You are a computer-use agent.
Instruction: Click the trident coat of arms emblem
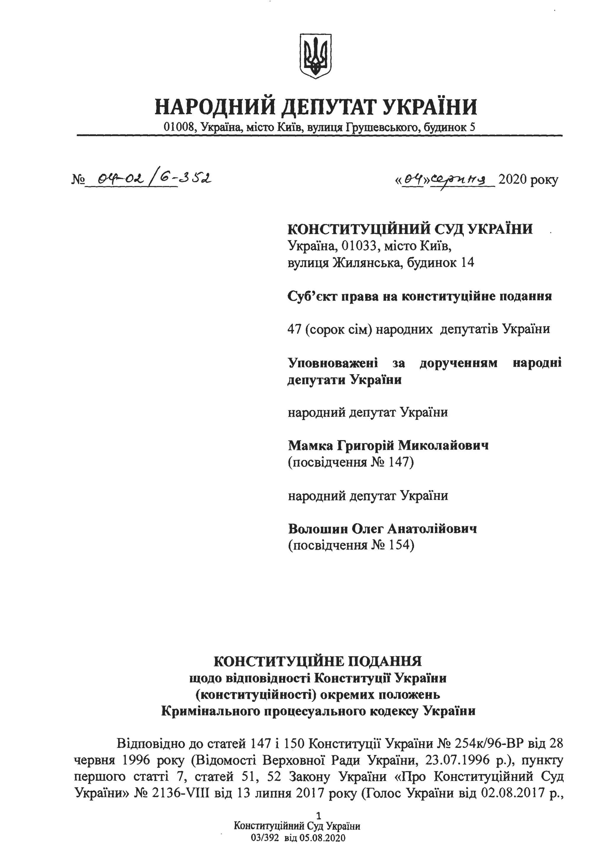pyautogui.click(x=316, y=56)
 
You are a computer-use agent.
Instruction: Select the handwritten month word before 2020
pyautogui.click(x=463, y=180)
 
